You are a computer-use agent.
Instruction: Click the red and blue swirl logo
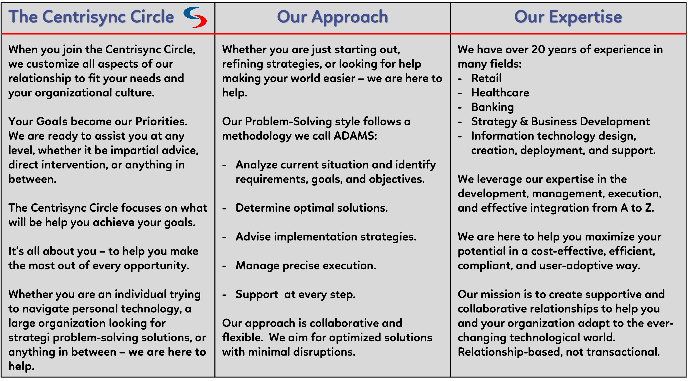pos(195,17)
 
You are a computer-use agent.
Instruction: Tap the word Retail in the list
pos(486,78)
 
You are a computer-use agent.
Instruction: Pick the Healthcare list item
pos(500,93)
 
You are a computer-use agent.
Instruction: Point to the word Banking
pos(493,107)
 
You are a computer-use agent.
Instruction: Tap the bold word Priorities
pos(161,121)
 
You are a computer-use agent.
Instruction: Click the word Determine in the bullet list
pos(263,208)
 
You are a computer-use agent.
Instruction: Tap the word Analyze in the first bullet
pos(257,165)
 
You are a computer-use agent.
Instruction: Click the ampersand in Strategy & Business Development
pos(524,122)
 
